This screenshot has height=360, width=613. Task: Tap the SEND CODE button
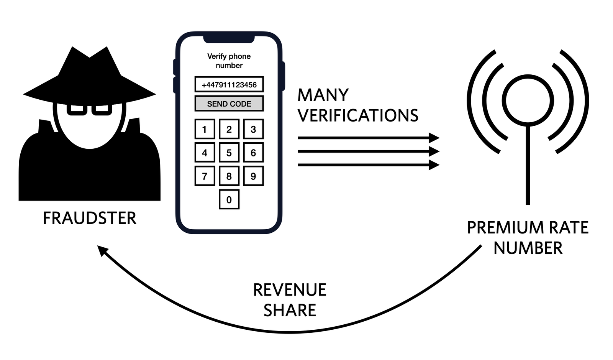pos(229,104)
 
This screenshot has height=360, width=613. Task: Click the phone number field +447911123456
pos(229,84)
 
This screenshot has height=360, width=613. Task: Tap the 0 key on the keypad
pos(229,199)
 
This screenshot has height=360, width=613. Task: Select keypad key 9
pos(253,176)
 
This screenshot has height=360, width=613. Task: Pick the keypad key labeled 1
pos(205,129)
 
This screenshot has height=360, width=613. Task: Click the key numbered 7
pos(205,176)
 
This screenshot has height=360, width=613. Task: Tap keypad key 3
pos(253,129)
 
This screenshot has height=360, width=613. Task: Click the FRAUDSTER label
pos(89,218)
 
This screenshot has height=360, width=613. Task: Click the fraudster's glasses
pos(89,109)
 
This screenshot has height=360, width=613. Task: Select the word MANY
pos(323,95)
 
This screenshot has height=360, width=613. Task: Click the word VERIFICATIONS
pos(358,115)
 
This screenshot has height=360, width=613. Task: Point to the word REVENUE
pos(290,290)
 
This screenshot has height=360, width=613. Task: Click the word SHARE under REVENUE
pos(290,310)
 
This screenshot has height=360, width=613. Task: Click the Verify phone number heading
pos(229,61)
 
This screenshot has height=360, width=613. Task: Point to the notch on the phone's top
pos(229,39)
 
